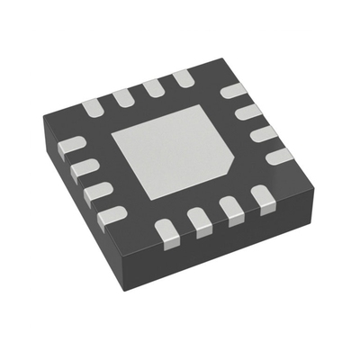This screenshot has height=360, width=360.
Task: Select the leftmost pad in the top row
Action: pyautogui.click(x=94, y=107)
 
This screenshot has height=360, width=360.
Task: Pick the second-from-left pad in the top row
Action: pyautogui.click(x=124, y=96)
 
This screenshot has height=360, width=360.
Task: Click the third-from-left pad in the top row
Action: pyautogui.click(x=154, y=87)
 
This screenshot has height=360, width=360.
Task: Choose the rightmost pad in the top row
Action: pyautogui.click(x=183, y=78)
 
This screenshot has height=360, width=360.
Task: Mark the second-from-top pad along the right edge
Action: pyautogui.click(x=249, y=112)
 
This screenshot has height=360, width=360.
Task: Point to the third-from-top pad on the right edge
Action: pyautogui.click(x=265, y=133)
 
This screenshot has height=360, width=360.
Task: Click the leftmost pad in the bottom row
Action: pyautogui.click(x=169, y=231)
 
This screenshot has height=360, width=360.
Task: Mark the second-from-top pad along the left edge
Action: pyautogui.click(x=82, y=168)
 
